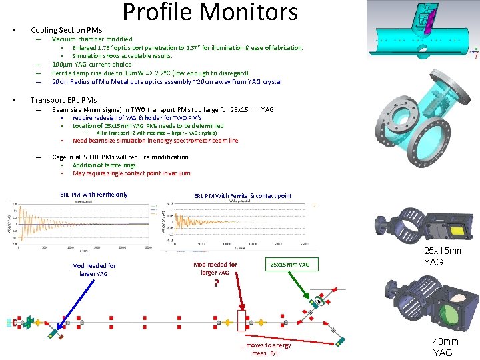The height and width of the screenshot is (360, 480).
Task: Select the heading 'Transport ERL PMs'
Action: click(63, 100)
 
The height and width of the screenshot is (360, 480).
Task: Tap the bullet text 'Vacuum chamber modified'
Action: click(92, 39)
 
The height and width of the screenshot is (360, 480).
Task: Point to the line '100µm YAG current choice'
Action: click(92, 65)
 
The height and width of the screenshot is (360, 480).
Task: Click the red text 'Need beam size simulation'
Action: click(155, 141)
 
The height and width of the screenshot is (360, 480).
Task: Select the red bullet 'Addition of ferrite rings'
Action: click(104, 165)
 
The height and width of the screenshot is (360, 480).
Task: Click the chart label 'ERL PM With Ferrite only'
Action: click(94, 195)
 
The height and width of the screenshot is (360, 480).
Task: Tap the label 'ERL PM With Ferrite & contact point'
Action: click(243, 196)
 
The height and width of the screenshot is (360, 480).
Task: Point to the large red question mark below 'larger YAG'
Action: click(215, 283)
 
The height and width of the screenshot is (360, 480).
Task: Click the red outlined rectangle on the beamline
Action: click(241, 321)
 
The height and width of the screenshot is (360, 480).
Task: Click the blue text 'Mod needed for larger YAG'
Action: click(93, 269)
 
